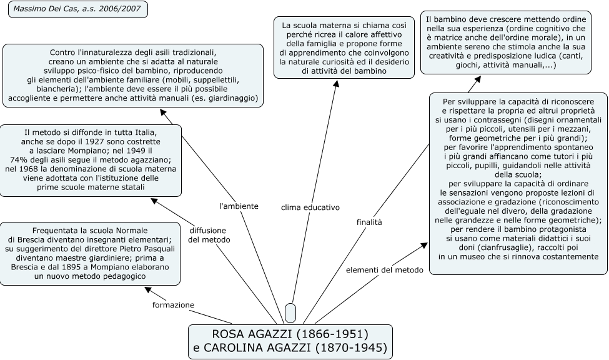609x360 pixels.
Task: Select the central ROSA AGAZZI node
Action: pos(290,341)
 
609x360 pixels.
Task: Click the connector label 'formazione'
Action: pos(173,304)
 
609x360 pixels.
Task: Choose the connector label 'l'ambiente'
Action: pos(238,206)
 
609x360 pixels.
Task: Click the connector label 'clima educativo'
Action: pos(310,206)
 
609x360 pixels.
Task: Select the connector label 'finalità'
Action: pos(369,221)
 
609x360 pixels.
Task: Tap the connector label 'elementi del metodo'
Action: pos(385,269)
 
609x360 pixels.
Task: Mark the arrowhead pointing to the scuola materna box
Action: pos(336,83)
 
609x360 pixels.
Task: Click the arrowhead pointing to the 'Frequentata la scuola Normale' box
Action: pos(148,289)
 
